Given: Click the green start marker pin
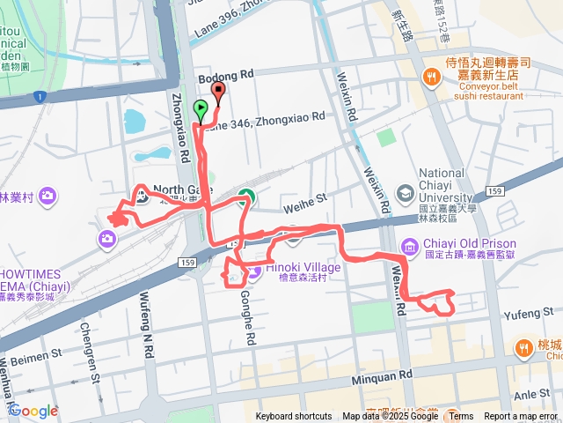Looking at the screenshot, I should coord(201,111).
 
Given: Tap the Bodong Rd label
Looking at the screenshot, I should coord(233,76).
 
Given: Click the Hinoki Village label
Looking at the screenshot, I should coord(283,267).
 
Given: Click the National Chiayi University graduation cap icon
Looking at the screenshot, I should coord(406,191).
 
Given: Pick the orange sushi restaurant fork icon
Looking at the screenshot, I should coord(430,78).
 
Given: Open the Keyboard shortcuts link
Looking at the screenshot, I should coord(294,417).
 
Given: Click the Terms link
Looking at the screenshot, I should coord(461,417).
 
